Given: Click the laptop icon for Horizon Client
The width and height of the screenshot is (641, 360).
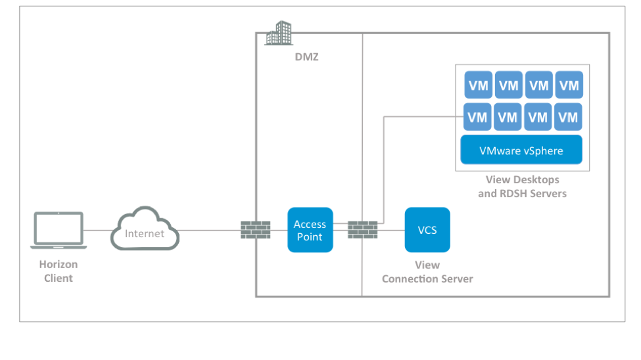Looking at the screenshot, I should tap(59, 230).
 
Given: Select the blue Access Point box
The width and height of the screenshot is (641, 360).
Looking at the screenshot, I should tap(310, 230).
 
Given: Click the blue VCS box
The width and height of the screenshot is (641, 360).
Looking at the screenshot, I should tap(427, 230).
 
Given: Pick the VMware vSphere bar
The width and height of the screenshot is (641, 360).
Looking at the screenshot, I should tap(521, 150).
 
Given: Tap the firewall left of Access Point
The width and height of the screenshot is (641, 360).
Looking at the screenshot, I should tap(255, 229).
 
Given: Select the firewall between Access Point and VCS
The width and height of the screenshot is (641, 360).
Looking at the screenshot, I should tap(362, 229).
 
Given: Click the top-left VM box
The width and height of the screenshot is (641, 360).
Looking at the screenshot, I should tap(478, 85).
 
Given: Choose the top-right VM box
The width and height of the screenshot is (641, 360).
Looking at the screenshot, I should tap(569, 85).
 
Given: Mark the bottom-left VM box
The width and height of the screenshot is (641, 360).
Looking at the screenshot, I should tap(478, 118).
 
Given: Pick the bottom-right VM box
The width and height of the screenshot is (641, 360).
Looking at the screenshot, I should tap(569, 118).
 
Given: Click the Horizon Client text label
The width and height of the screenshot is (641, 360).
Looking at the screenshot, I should tap(59, 271).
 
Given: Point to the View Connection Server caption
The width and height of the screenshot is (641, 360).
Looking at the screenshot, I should tap(427, 272).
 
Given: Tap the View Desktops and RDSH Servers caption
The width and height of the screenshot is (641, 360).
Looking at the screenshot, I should tap(522, 187).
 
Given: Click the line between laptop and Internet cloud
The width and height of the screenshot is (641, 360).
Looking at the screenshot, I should tap(99, 230).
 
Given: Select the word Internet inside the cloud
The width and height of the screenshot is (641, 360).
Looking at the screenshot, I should tap(145, 233).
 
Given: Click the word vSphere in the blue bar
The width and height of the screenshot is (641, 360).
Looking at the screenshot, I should tap(543, 150).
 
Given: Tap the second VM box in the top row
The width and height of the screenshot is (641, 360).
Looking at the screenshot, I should tap(508, 85).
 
